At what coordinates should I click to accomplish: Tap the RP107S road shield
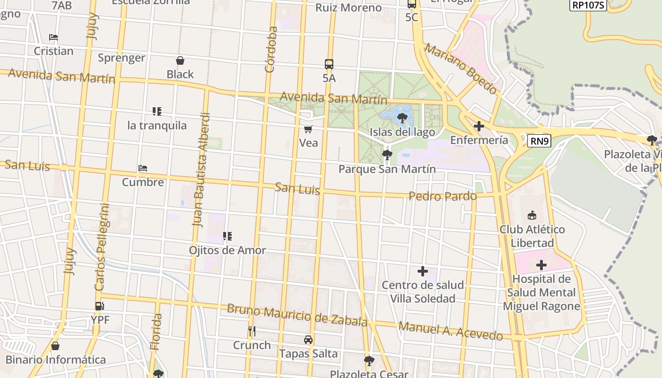(x=588, y=5)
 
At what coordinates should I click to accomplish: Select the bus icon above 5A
(x=329, y=64)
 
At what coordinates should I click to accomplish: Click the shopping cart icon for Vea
(x=308, y=129)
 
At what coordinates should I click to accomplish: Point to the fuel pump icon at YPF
(x=100, y=306)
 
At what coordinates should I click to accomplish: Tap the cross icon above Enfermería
(x=479, y=126)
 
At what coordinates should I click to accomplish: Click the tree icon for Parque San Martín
(x=387, y=155)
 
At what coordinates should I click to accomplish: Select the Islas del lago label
(x=402, y=132)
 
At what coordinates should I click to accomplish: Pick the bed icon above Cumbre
(x=143, y=168)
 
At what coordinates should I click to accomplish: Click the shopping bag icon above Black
(x=180, y=60)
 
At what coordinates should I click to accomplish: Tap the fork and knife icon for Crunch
(x=252, y=331)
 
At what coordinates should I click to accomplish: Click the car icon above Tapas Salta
(x=308, y=340)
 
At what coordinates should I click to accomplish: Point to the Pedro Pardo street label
(x=442, y=196)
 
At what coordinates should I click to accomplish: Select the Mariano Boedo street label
(x=461, y=69)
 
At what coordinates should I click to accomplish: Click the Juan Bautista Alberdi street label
(x=200, y=170)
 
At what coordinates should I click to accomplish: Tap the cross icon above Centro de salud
(x=423, y=271)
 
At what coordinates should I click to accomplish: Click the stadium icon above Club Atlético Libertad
(x=532, y=215)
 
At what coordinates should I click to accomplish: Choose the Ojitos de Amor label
(x=227, y=250)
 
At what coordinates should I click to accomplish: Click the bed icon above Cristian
(x=53, y=37)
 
